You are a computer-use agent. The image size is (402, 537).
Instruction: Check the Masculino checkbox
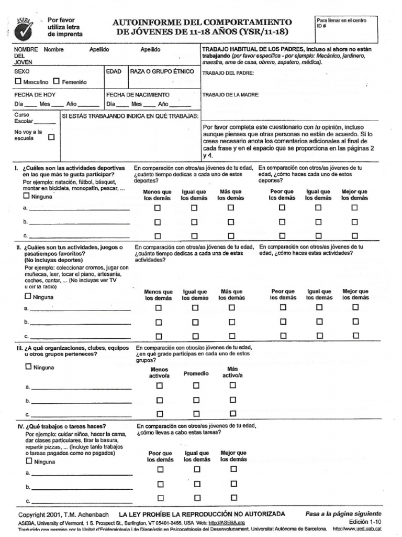coord(18,82)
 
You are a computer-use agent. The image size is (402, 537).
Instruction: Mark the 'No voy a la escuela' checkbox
coord(51,138)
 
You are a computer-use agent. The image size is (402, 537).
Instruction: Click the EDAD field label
coord(114,71)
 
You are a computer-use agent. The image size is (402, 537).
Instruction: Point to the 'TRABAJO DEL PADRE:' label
coord(228,73)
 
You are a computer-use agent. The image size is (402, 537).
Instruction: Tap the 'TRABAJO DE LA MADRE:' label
coord(230,95)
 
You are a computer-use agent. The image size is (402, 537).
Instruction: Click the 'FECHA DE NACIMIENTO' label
coord(138,95)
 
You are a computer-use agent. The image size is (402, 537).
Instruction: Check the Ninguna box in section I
coord(27,196)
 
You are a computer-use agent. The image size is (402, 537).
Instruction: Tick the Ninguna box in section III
coord(28,367)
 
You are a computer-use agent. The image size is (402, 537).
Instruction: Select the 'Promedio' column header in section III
coord(196,373)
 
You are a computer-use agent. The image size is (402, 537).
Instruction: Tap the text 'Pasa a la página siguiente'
coord(343,513)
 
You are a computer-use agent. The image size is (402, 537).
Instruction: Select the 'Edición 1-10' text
coord(365,522)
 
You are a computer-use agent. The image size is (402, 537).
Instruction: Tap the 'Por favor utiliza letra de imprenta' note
coord(65,27)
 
